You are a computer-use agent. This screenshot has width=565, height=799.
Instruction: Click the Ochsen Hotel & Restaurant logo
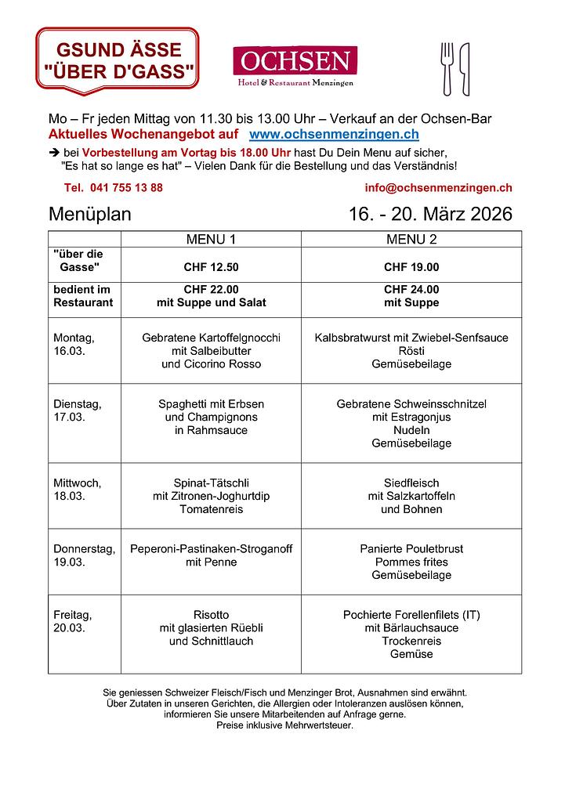pos(295,66)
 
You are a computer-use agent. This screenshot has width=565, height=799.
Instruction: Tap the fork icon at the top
pos(447,68)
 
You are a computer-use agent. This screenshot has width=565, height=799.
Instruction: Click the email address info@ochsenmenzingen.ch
pos(438,188)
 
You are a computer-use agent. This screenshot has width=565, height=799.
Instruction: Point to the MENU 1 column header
pos(211,239)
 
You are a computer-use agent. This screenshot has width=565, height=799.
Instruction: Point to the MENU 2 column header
pos(411,239)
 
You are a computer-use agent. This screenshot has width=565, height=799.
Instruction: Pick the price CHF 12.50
pos(211,267)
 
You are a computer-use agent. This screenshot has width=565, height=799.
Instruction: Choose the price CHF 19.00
pos(411,267)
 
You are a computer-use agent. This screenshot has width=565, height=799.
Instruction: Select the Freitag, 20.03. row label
pos(72,621)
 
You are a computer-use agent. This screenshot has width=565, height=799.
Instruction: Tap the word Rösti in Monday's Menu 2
pos(411,351)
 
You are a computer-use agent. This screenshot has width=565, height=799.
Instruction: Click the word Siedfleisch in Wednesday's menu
pos(411,483)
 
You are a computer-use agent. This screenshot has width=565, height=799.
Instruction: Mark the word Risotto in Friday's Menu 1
pos(211,615)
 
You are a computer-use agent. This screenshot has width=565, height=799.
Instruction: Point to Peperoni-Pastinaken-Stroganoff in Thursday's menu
pos(211,549)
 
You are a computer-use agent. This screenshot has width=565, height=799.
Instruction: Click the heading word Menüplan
pos(89,214)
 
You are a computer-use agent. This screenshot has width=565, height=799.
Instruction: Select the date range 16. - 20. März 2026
pos(430,214)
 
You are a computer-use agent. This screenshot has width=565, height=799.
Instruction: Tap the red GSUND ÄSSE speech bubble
pos(118,61)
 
